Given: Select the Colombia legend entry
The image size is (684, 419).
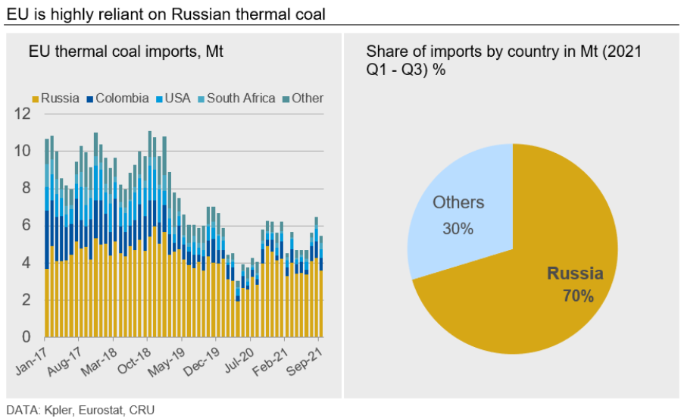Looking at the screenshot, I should pos(117,98).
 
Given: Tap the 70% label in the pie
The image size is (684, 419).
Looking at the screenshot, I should pos(577,295).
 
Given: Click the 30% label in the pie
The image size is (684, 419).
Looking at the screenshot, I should pos(458,228).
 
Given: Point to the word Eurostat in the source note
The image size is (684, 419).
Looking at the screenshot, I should pos(98,409).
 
